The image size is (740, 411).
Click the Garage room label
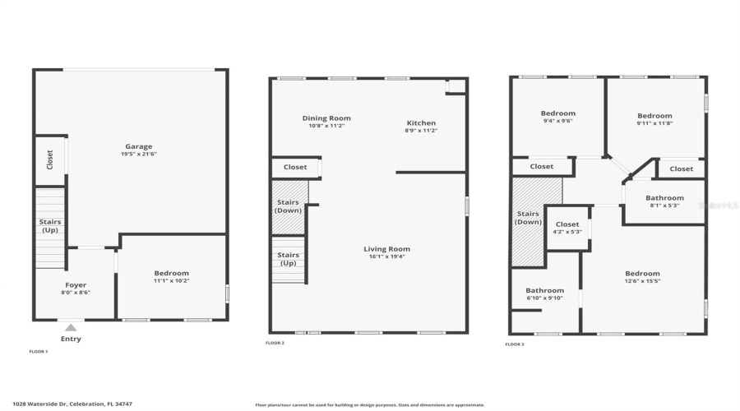(139, 146)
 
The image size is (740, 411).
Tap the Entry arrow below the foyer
(71, 328)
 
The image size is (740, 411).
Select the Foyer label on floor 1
(76, 284)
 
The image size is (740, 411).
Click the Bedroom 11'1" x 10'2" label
(171, 273)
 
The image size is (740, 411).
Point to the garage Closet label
(49, 159)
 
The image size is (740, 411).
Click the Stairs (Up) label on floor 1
(50, 226)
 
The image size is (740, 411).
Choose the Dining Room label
(326, 118)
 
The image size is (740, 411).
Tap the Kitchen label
(421, 122)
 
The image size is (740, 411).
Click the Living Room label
(386, 249)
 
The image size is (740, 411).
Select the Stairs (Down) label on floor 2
(289, 206)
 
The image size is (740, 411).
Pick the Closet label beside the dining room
(295, 167)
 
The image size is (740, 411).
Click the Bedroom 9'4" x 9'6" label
(557, 113)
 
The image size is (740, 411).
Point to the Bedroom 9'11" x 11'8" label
(654, 116)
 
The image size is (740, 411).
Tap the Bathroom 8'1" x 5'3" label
(664, 198)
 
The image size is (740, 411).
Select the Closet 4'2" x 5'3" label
(567, 224)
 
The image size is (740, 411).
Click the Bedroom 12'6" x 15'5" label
(642, 274)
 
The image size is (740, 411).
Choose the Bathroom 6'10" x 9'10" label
(544, 290)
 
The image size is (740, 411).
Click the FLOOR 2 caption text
(275, 343)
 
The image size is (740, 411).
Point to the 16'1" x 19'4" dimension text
(386, 256)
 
